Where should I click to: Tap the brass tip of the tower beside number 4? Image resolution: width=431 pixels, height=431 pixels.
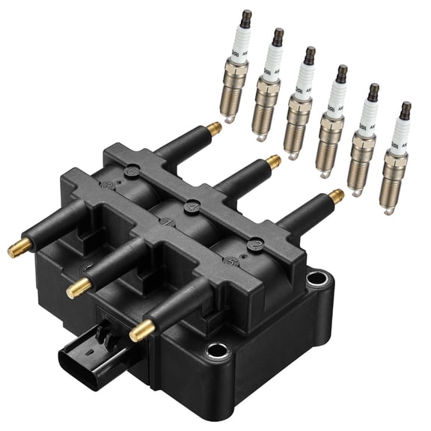pyautogui.click(x=274, y=161)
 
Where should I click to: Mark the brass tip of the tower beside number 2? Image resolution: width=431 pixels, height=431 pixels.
pyautogui.click(x=337, y=196)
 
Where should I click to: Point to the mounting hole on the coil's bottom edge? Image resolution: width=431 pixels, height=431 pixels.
pyautogui.click(x=217, y=349)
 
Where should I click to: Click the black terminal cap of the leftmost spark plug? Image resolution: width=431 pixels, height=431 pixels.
pyautogui.click(x=245, y=18)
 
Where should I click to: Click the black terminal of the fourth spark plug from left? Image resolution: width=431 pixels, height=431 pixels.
pyautogui.click(x=341, y=73)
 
